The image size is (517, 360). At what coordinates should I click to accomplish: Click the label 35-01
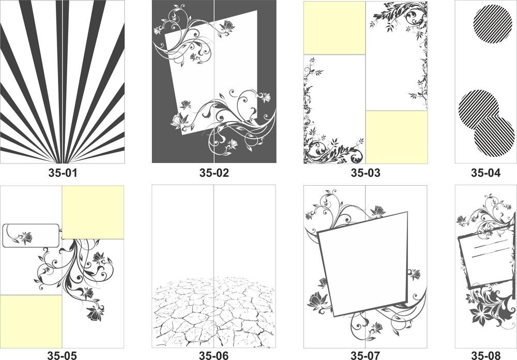click(x=63, y=173)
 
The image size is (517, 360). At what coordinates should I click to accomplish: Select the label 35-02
click(x=214, y=173)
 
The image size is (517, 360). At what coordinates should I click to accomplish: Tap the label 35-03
click(x=366, y=173)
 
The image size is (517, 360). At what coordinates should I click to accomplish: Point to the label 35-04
click(x=485, y=173)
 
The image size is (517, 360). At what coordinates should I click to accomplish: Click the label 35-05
click(x=62, y=355)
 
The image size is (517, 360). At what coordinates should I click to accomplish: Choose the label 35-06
click(x=214, y=355)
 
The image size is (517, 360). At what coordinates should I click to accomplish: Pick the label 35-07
click(x=366, y=355)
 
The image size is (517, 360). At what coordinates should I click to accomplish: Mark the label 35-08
click(x=485, y=355)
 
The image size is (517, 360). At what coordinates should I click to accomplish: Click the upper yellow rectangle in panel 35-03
click(x=334, y=28)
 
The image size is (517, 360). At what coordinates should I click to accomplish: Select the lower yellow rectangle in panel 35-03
click(x=397, y=137)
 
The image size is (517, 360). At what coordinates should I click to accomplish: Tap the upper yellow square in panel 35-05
click(x=93, y=213)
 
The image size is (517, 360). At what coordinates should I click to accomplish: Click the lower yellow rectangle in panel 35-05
click(x=31, y=321)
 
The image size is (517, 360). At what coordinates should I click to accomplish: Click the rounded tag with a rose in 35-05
click(x=32, y=235)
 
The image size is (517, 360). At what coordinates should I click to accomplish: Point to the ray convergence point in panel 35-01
click(x=63, y=163)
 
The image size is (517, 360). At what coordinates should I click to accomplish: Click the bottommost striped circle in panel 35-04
click(x=494, y=136)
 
